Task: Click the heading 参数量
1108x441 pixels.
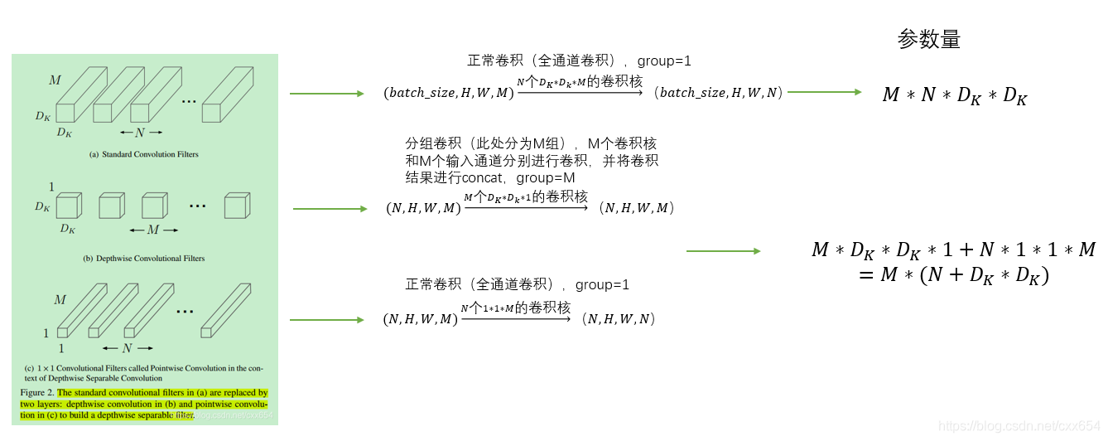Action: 928,40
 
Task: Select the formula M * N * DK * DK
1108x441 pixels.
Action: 954,95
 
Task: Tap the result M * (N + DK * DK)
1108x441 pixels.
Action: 954,275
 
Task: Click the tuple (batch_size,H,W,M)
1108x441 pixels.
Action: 448,93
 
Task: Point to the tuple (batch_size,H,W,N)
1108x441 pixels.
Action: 718,93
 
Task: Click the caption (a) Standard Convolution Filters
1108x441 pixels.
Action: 144,154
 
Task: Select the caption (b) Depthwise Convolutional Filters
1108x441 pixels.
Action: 143,259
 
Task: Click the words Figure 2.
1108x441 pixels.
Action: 37,393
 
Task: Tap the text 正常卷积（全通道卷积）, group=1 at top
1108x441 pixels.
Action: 579,61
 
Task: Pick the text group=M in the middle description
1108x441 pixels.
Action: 546,178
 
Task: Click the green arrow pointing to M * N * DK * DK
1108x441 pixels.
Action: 825,92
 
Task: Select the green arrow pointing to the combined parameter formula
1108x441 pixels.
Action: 723,250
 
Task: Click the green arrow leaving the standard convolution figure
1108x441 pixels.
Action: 326,94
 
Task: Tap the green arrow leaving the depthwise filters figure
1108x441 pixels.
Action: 330,209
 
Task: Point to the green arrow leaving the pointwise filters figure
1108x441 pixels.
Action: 326,320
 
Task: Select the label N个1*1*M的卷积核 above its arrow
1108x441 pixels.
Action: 515,308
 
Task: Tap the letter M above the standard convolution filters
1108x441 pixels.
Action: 55,80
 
